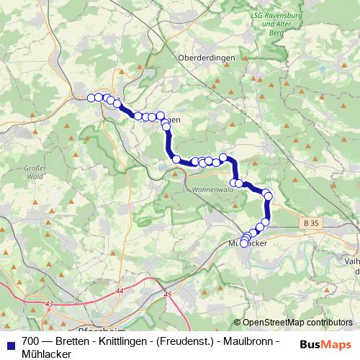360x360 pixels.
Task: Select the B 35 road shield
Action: [311, 224]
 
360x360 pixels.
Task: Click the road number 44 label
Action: [119, 290]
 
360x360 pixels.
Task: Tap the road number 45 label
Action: [168, 294]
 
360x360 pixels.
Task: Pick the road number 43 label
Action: [49, 305]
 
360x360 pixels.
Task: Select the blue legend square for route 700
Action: [9, 343]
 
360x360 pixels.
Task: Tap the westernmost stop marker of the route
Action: [91, 98]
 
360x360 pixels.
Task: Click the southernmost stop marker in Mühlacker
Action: [243, 243]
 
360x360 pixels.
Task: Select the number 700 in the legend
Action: [30, 338]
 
